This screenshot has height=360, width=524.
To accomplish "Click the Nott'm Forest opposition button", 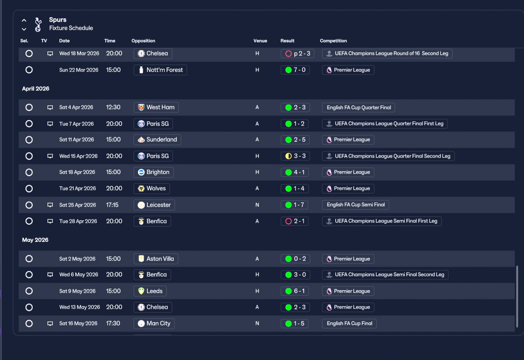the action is [x=160, y=70].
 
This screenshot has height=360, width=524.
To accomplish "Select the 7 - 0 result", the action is [x=295, y=70].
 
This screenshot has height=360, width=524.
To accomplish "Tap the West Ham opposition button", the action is [x=156, y=107].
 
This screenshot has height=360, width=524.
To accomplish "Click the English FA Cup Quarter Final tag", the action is [x=358, y=107].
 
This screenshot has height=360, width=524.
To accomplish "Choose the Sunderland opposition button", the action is [x=157, y=140].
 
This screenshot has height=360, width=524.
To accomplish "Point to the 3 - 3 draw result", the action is [x=295, y=156].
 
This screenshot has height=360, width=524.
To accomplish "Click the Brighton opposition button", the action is [x=154, y=172].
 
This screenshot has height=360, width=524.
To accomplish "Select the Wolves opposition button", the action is [x=151, y=188].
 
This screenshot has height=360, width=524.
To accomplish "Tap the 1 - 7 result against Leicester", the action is [x=294, y=205].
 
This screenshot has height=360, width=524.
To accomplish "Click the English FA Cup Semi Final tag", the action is [x=355, y=205].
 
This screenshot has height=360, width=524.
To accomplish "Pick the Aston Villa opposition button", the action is [x=156, y=259].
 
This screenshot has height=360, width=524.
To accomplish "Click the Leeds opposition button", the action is [x=150, y=291].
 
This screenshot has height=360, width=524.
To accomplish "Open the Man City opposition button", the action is [x=154, y=323].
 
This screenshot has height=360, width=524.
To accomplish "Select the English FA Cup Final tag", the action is [x=349, y=323].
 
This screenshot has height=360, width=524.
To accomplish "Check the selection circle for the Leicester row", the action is [x=29, y=205].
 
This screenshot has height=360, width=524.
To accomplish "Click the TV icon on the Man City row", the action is [x=50, y=324].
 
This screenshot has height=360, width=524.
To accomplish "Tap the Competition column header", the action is [x=333, y=40].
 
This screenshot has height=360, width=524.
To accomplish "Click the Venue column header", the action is [x=260, y=40].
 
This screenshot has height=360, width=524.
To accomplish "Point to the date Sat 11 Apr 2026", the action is [x=77, y=140].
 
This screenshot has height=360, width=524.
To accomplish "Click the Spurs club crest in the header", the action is [x=38, y=25].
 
